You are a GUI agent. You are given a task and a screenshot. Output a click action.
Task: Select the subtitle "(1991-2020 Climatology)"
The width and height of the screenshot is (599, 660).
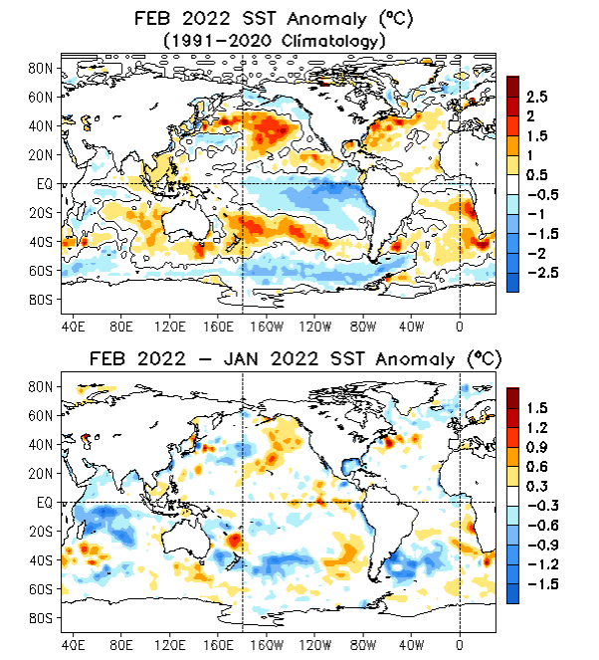(x=274, y=39)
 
